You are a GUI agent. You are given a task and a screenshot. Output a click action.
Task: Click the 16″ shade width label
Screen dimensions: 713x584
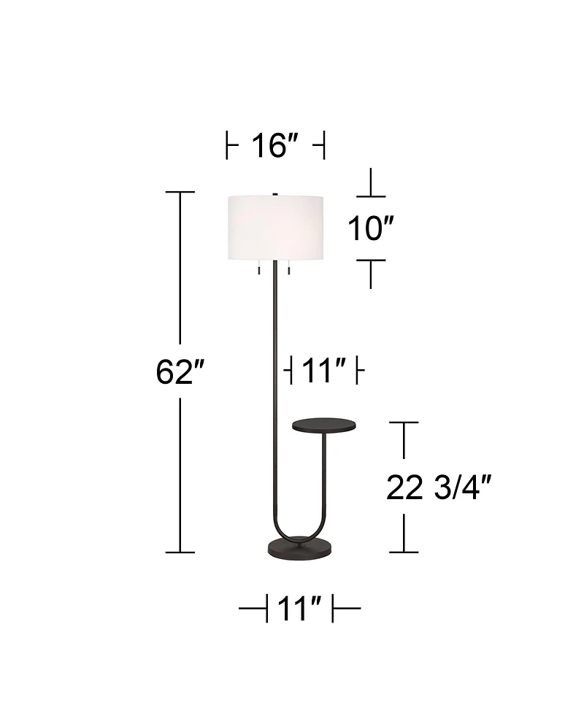point(275,146)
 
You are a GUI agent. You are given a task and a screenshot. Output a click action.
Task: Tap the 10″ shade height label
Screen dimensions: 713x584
point(371,229)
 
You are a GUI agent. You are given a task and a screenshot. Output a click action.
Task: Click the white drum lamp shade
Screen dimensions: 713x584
point(276,228)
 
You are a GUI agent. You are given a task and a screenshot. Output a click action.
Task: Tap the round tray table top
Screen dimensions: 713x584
point(322,423)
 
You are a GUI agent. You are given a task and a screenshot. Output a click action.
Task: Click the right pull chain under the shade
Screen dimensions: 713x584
point(289,269)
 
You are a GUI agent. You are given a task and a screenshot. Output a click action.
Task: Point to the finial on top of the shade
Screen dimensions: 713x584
point(275,193)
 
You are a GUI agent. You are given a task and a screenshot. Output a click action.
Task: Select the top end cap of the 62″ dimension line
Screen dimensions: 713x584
point(180,192)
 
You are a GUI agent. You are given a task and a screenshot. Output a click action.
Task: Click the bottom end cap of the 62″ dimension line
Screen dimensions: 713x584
point(180,552)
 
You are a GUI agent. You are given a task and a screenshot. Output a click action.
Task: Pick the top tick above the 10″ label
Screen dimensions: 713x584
point(372,196)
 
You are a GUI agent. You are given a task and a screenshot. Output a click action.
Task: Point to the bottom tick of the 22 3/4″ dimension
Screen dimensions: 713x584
point(404,552)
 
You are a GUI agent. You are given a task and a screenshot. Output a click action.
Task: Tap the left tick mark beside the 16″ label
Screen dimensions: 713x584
point(228,146)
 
